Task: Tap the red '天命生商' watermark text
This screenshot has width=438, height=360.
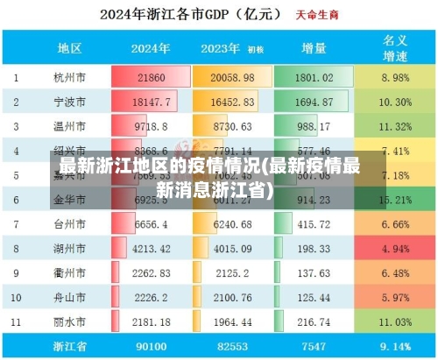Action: click(315, 16)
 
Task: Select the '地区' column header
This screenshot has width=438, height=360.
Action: click(69, 48)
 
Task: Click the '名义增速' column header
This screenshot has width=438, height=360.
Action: click(394, 48)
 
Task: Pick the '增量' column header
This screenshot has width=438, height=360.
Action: click(314, 48)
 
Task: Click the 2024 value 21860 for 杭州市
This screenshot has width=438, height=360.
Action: click(151, 78)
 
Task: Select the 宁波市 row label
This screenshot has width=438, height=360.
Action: click(69, 102)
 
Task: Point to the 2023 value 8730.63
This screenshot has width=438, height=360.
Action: click(232, 127)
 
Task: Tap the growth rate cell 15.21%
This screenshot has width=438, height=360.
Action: click(394, 201)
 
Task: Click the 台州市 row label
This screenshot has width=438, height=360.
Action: click(69, 225)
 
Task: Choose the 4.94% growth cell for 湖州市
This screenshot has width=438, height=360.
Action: click(394, 250)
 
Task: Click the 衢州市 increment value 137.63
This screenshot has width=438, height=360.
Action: click(314, 274)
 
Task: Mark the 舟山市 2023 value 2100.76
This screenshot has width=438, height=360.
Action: click(232, 299)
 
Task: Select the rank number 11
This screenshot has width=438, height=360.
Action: click(15, 323)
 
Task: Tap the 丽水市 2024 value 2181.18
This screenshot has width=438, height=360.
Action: click(151, 323)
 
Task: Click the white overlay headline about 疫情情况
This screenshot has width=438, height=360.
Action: click(209, 176)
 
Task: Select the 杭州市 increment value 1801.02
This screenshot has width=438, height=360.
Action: click(314, 78)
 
